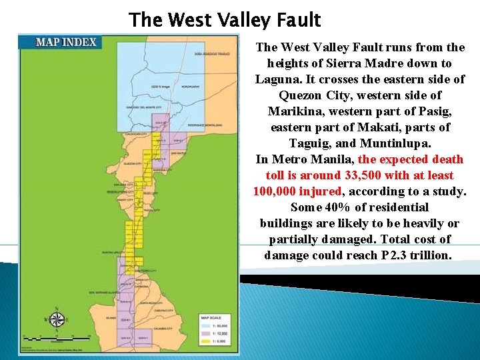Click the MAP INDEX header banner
tap(66, 42)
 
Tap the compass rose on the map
tap(57, 319)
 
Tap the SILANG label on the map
tap(111, 318)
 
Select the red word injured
tap(320, 191)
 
